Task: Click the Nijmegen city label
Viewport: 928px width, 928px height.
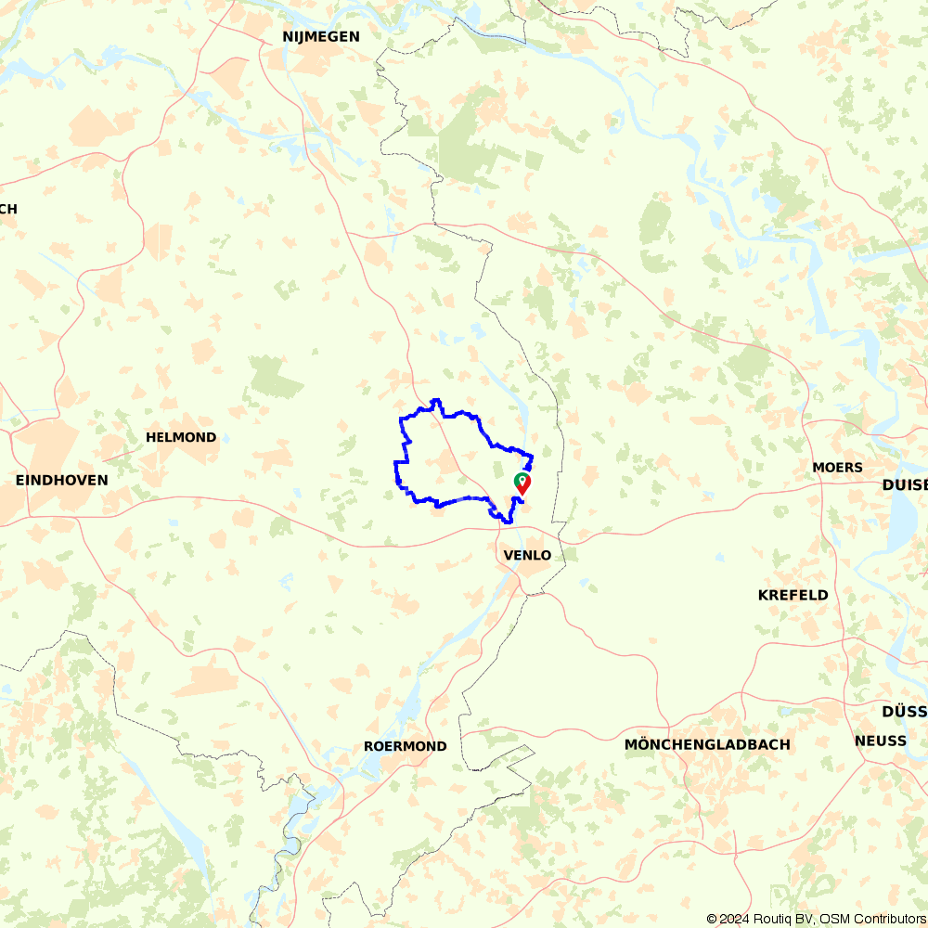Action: click(x=321, y=36)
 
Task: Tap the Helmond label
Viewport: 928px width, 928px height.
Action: click(x=181, y=437)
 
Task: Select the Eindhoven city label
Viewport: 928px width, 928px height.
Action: click(x=62, y=480)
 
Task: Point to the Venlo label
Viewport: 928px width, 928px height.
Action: click(x=527, y=555)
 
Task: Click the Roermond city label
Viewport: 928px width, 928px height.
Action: click(x=406, y=746)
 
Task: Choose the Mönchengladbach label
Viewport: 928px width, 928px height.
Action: click(x=707, y=744)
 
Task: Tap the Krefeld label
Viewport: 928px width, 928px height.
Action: click(x=793, y=595)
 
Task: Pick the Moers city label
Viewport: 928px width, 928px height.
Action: click(x=837, y=467)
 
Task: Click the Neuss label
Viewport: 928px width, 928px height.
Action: click(x=881, y=741)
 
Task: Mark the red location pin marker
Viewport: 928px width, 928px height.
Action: click(x=523, y=483)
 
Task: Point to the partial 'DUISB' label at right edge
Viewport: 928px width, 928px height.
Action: click(x=904, y=484)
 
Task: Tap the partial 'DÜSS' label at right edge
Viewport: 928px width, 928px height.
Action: click(x=904, y=712)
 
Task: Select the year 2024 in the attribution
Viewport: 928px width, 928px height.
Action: click(x=733, y=919)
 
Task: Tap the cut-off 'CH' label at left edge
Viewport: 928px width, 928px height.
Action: click(x=8, y=209)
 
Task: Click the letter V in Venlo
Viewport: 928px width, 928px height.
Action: click(x=507, y=555)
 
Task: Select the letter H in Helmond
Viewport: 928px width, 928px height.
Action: click(x=151, y=437)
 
